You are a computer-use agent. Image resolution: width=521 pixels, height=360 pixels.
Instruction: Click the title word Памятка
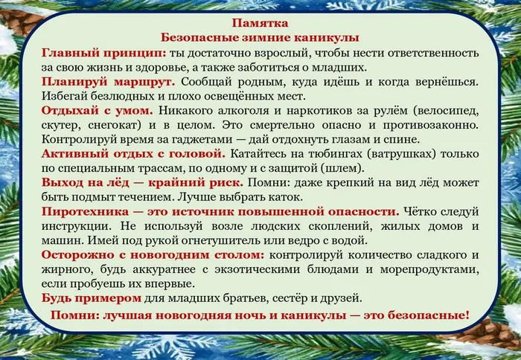coord(260,23)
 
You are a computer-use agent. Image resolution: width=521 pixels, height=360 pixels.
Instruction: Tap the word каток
coord(279,196)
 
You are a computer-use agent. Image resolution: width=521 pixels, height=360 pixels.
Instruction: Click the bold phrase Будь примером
coord(92,298)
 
